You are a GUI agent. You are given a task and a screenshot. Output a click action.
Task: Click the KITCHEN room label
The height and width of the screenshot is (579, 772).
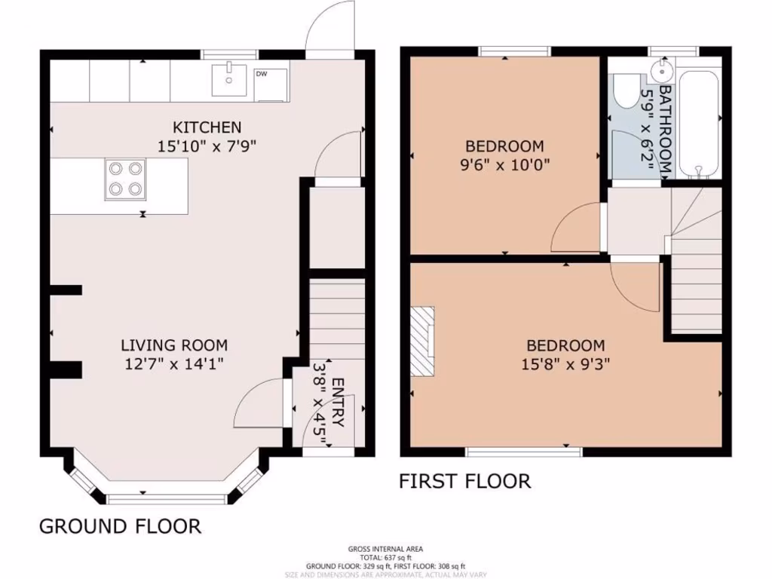pyautogui.click(x=207, y=127)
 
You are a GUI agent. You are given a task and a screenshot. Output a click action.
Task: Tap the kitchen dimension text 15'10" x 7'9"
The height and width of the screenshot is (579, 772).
pyautogui.click(x=207, y=146)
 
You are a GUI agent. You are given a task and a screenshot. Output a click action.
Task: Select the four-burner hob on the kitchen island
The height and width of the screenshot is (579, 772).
pyautogui.click(x=124, y=179)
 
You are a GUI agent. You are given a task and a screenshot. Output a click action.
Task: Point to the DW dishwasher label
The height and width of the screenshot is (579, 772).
pyautogui.click(x=262, y=74)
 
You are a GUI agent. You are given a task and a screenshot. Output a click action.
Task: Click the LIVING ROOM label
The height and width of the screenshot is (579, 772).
pyautogui.click(x=174, y=345)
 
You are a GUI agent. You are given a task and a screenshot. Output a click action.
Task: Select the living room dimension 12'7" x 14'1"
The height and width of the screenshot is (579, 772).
pyautogui.click(x=174, y=365)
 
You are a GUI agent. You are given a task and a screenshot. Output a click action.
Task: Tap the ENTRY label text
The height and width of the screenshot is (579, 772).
pyautogui.click(x=337, y=403)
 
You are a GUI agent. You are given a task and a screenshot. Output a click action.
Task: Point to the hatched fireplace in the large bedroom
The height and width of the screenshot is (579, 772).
pyautogui.click(x=423, y=341)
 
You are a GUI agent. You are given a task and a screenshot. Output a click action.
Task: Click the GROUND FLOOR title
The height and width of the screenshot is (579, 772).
pyautogui.click(x=120, y=525)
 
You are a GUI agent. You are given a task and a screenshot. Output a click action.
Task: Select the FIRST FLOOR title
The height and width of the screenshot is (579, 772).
pyautogui.click(x=464, y=481)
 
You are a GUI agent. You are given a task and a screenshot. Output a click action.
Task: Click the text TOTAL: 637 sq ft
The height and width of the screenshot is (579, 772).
pyautogui.click(x=385, y=557)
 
